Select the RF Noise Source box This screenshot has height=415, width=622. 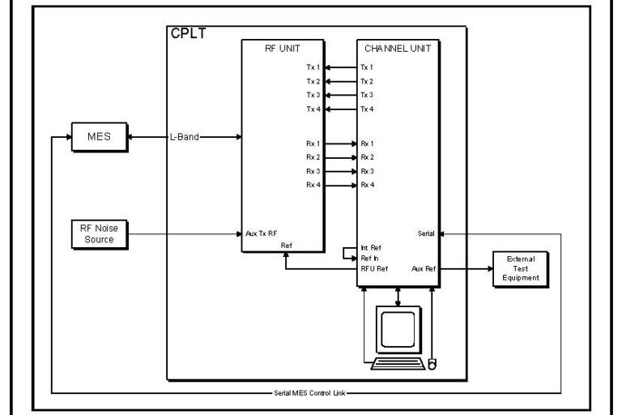[x=99, y=235]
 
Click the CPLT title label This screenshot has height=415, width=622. [x=187, y=35]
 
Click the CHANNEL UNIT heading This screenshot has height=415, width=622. [x=398, y=48]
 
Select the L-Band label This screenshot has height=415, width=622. [x=185, y=137]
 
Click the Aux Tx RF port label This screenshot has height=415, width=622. [x=261, y=233]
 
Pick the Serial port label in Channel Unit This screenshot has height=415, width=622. [x=425, y=233]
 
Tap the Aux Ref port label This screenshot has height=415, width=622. [x=423, y=267]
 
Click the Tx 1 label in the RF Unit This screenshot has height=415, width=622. [x=313, y=67]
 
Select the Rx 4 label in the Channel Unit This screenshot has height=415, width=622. [x=368, y=185]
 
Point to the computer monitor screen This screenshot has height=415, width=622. [x=397, y=330]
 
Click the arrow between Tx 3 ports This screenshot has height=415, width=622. [x=340, y=96]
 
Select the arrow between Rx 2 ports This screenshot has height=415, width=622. [x=340, y=156]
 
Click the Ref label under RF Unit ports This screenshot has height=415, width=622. [x=286, y=244]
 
